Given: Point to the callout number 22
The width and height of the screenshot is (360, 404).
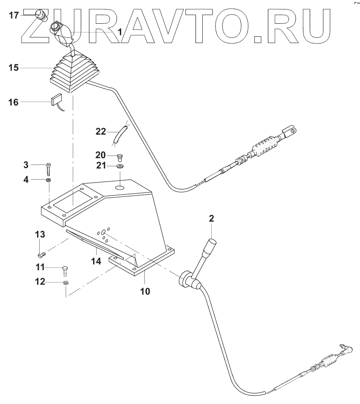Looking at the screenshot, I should pyautogui.click(x=101, y=132).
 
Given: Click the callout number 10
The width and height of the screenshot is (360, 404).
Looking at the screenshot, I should pyautogui.click(x=145, y=291).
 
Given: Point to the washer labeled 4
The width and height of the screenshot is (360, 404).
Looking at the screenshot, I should pyautogui.click(x=48, y=180).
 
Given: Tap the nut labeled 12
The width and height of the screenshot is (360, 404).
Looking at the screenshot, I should pyautogui.click(x=65, y=283).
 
